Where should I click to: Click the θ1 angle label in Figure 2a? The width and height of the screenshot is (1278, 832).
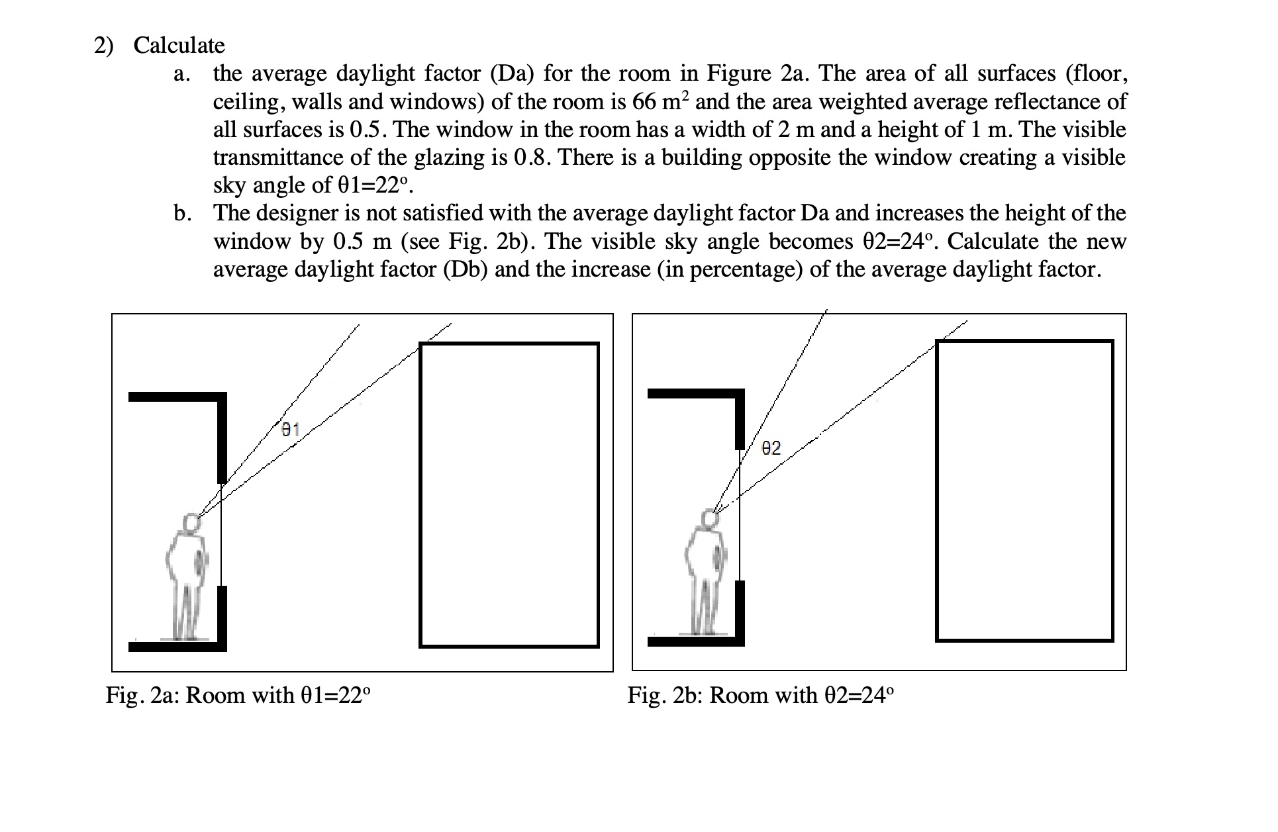(x=290, y=430)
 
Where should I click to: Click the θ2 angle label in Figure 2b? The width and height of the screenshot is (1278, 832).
(x=771, y=449)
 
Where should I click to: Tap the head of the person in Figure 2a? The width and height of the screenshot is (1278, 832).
(x=191, y=524)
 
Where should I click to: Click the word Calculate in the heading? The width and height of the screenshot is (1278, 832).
(x=179, y=46)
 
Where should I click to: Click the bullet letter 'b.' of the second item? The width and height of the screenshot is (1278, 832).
(x=182, y=214)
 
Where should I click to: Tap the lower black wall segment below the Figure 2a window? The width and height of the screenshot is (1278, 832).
(x=222, y=616)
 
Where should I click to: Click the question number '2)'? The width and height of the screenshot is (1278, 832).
(x=103, y=46)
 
